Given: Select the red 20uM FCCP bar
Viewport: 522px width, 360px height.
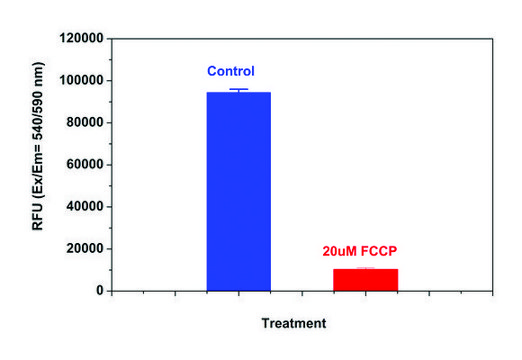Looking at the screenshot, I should tap(365, 280).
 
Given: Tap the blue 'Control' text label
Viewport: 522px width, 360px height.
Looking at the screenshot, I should tap(231, 72).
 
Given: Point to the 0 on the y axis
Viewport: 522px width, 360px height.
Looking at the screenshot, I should tap(96, 291).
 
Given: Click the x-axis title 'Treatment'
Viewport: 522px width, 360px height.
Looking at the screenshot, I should tap(293, 324).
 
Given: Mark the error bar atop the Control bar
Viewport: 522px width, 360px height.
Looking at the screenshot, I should tap(238, 90).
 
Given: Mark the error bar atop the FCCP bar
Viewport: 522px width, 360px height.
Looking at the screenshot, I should tap(365, 268).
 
